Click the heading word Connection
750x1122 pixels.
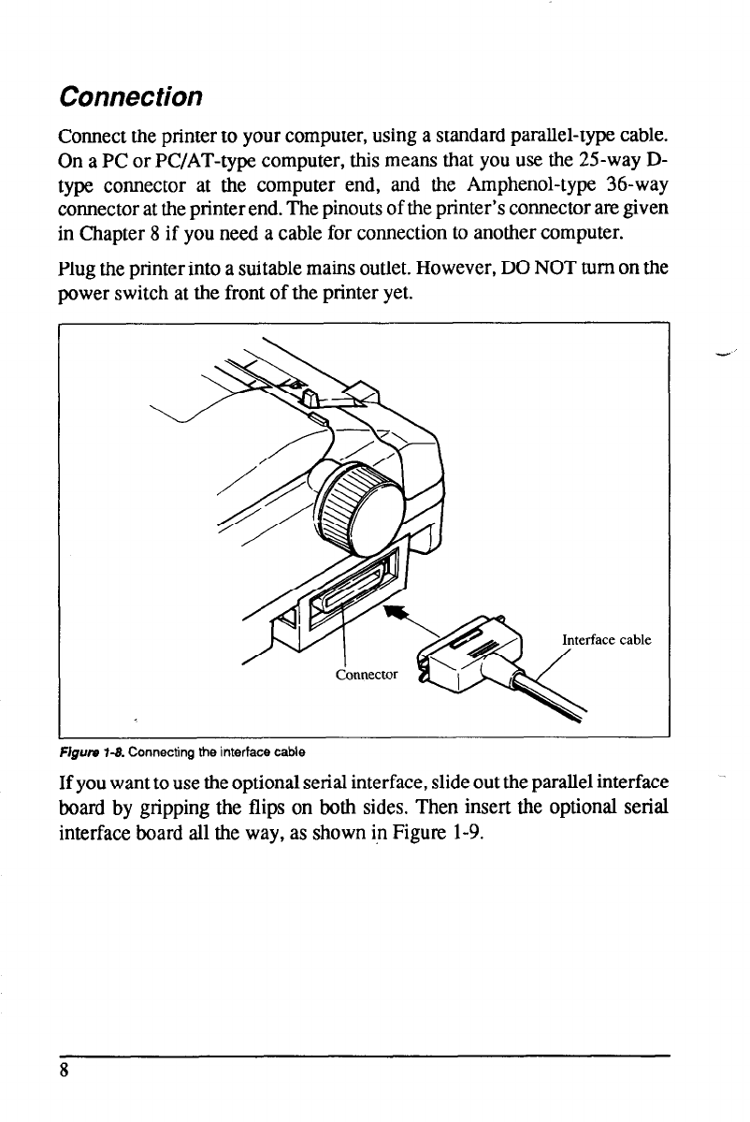click(130, 96)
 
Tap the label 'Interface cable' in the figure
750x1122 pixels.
click(606, 641)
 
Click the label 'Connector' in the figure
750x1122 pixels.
click(366, 674)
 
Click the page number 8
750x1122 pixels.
click(64, 1072)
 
